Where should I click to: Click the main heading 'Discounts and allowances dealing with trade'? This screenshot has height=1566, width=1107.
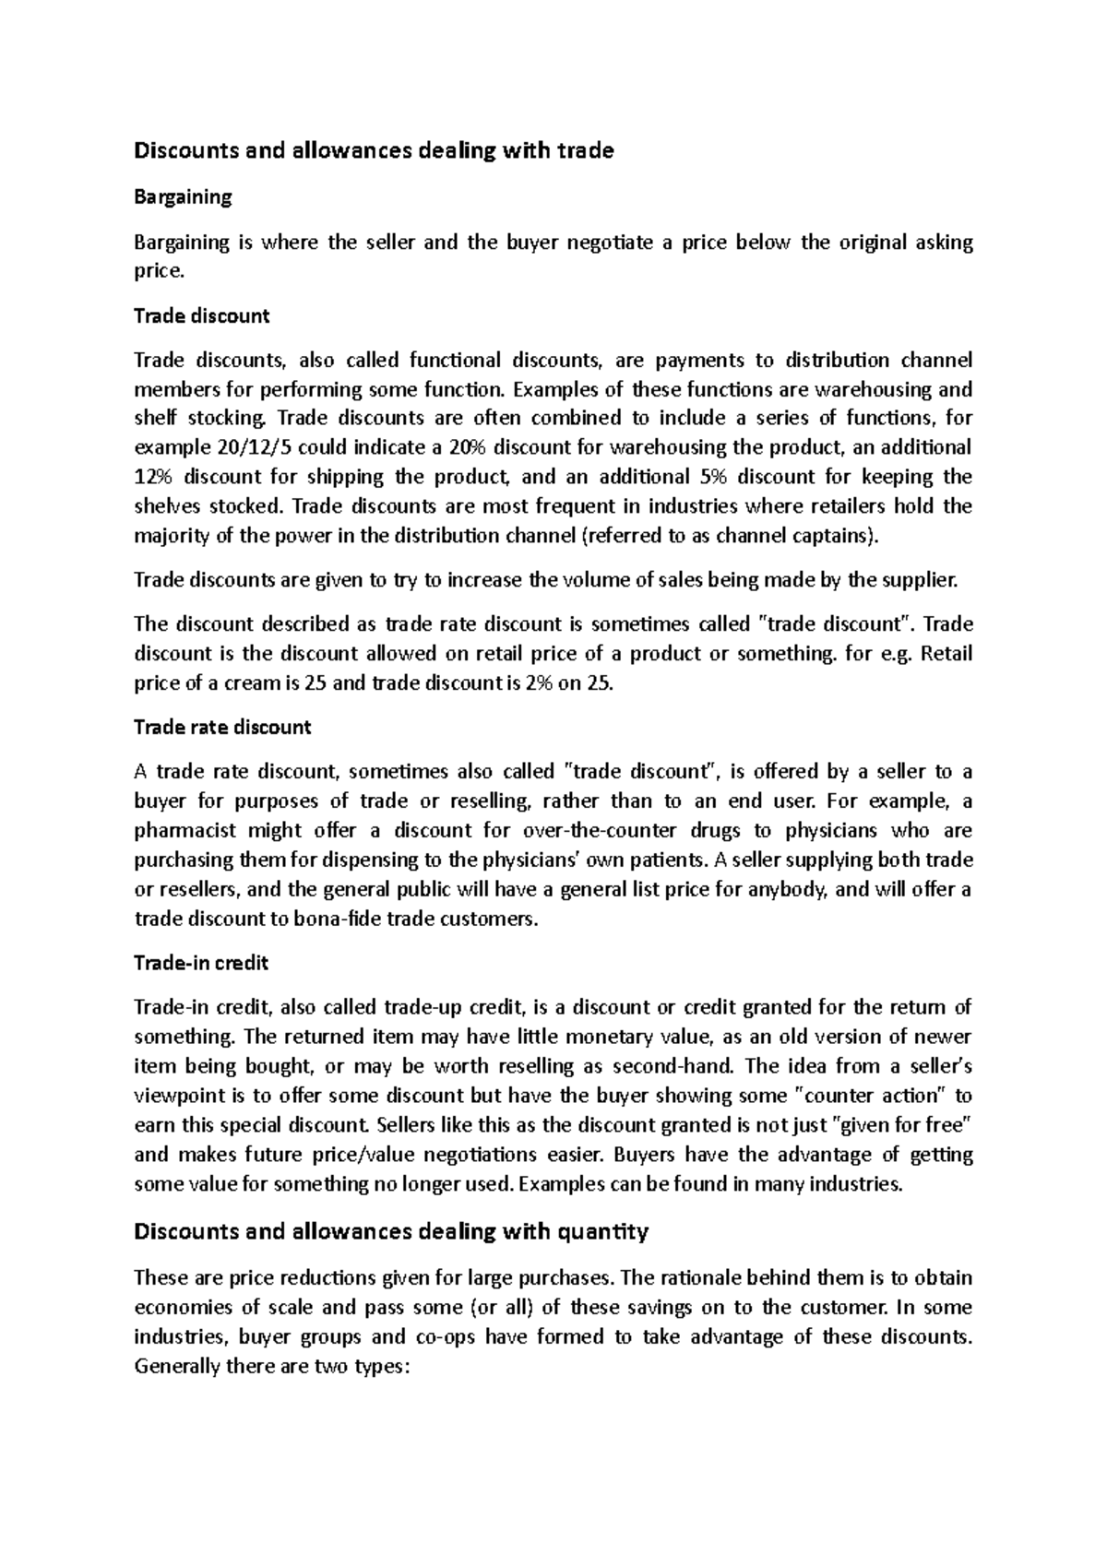(x=374, y=151)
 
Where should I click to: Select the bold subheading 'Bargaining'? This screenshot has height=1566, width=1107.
(x=183, y=197)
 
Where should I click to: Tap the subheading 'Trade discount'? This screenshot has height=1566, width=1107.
(x=201, y=316)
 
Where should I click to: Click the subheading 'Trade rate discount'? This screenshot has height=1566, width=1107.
(x=222, y=728)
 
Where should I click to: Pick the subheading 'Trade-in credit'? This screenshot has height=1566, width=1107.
(x=201, y=964)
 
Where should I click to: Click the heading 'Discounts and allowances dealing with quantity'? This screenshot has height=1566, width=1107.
(x=391, y=1232)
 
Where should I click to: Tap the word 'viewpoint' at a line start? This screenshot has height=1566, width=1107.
(x=177, y=1097)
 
